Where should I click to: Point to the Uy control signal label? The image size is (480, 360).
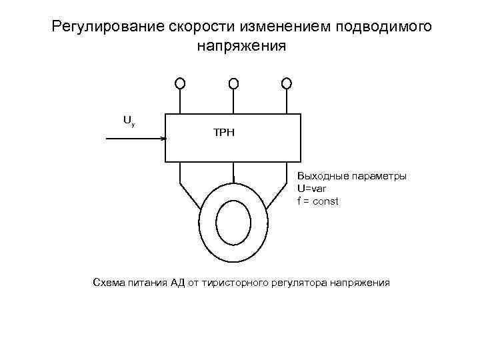[x=129, y=121]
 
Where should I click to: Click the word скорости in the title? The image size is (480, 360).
[x=192, y=27]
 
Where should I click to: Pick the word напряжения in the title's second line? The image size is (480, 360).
[x=241, y=47]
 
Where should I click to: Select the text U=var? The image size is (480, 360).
[x=312, y=189]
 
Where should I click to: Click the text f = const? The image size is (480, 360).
[x=318, y=201]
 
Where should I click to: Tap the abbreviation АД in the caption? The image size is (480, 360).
[x=177, y=283]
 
